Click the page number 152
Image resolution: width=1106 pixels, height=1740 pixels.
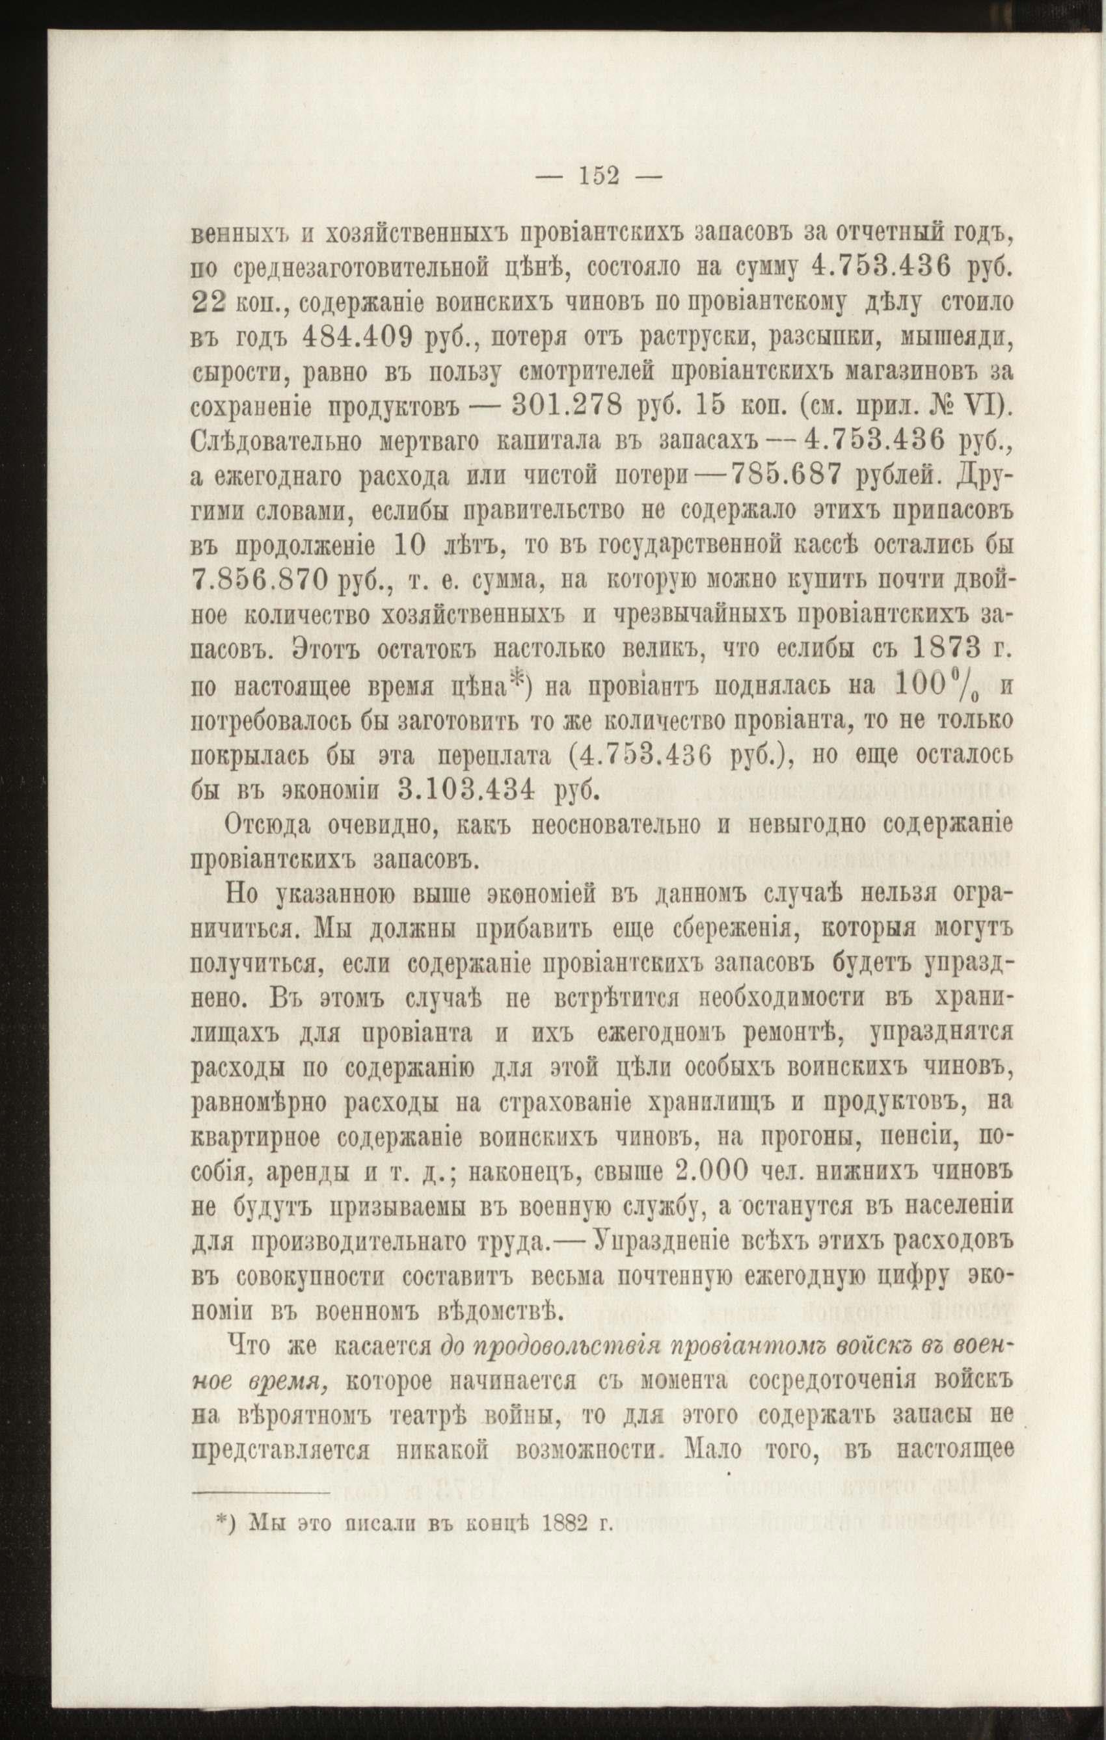point(600,176)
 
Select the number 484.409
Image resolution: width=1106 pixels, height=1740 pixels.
point(349,337)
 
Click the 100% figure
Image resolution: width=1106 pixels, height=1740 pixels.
point(937,683)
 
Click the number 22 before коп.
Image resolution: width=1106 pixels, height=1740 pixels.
point(209,303)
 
